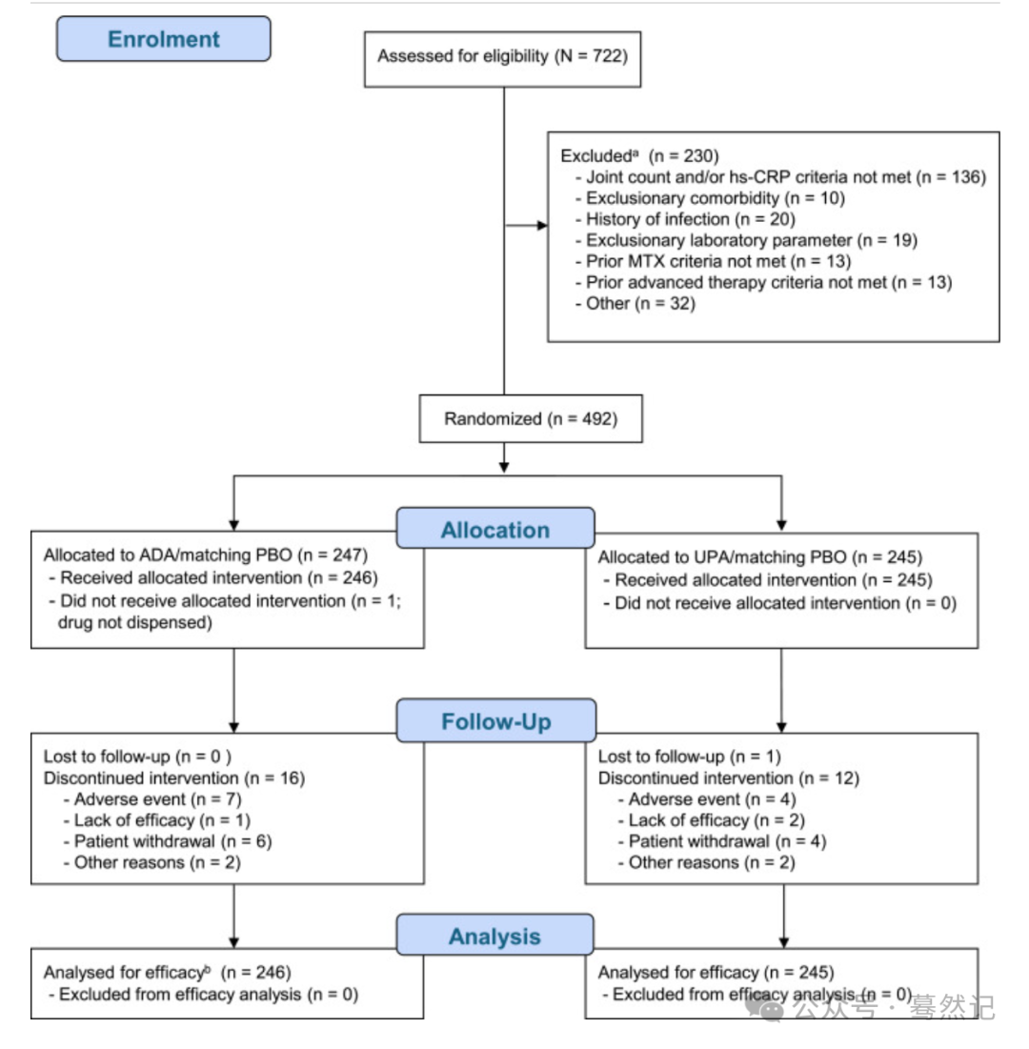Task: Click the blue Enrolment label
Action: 164,39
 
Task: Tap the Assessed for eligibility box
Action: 502,59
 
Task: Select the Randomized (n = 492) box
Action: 531,419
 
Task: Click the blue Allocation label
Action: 495,529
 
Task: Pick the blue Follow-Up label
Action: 495,720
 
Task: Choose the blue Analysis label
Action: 495,936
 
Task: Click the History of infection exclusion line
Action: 685,219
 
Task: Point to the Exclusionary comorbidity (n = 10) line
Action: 710,198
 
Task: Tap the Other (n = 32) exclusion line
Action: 635,304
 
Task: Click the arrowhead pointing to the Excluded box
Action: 542,226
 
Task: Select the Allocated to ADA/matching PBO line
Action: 206,555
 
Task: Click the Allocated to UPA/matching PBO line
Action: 760,557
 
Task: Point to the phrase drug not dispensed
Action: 135,623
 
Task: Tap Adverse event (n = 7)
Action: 152,799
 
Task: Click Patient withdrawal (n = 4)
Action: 722,841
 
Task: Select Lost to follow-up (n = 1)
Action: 689,756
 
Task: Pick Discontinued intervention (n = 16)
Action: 174,778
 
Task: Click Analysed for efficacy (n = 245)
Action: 716,972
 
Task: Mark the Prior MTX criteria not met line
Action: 714,261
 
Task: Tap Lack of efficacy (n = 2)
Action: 711,820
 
